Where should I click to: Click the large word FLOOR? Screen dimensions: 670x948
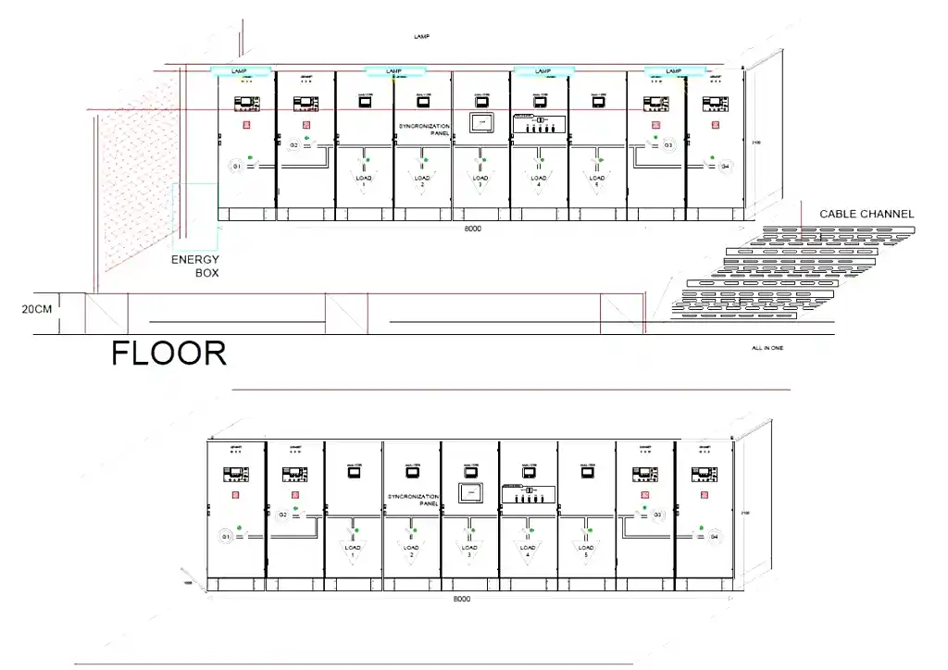[168, 353]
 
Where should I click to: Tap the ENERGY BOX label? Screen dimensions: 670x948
[195, 267]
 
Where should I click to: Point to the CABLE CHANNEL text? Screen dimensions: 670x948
[866, 214]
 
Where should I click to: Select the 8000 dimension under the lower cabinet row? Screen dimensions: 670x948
[462, 599]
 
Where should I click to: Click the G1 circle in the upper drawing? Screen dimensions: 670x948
[236, 166]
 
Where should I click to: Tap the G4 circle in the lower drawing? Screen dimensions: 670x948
[713, 537]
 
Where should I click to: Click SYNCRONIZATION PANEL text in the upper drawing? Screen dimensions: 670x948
[424, 129]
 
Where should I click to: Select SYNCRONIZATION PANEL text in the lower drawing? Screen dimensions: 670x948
[413, 500]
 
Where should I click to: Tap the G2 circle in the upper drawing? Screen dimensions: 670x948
[294, 145]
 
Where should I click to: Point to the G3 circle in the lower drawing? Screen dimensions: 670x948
[657, 515]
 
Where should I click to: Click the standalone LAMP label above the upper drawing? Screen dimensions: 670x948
[421, 36]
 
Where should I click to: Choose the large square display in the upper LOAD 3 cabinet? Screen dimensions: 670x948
[481, 123]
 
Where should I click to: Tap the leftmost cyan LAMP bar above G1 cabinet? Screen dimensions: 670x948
[240, 70]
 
